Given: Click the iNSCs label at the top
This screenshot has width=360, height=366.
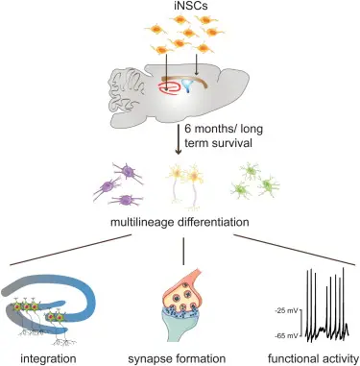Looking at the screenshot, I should [180, 10].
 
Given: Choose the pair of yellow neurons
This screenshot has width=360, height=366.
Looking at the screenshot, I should [185, 183].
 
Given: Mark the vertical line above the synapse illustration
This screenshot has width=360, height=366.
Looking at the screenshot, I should [181, 252].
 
